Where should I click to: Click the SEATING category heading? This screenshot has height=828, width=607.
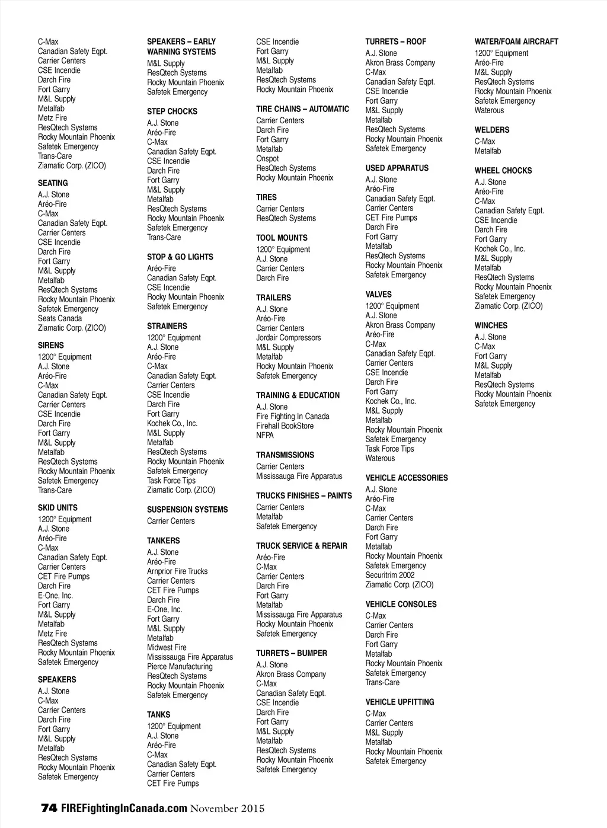pyautogui.click(x=53, y=183)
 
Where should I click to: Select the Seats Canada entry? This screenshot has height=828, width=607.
pyautogui.click(x=60, y=318)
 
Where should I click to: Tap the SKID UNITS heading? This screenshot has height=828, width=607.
pyautogui.click(x=57, y=508)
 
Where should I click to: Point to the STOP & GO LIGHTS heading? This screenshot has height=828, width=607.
pyautogui.click(x=180, y=257)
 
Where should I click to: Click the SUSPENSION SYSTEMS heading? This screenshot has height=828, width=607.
pyautogui.click(x=187, y=510)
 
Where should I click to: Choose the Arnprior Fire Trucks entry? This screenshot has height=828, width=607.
pyautogui.click(x=177, y=571)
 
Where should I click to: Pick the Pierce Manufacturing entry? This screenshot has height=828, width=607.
pyautogui.click(x=180, y=667)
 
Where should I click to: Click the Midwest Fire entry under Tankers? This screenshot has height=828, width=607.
pyautogui.click(x=167, y=648)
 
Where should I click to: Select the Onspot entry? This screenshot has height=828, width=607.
pyautogui.click(x=267, y=159)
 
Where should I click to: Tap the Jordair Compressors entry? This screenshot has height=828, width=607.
pyautogui.click(x=288, y=338)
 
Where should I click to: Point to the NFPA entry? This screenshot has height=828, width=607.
pyautogui.click(x=265, y=436)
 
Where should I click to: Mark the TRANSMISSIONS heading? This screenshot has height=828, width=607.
pyautogui.click(x=285, y=455)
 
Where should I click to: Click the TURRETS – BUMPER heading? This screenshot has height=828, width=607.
pyautogui.click(x=291, y=654)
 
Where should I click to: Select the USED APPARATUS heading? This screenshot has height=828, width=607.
pyautogui.click(x=397, y=168)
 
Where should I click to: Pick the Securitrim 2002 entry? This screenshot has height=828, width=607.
pyautogui.click(x=390, y=575)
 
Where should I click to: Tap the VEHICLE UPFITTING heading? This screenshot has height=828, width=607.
pyautogui.click(x=400, y=702)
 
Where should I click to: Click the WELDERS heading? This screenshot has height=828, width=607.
pyautogui.click(x=491, y=130)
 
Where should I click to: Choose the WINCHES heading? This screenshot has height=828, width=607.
pyautogui.click(x=491, y=326)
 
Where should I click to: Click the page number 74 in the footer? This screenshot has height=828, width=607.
pyautogui.click(x=49, y=808)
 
